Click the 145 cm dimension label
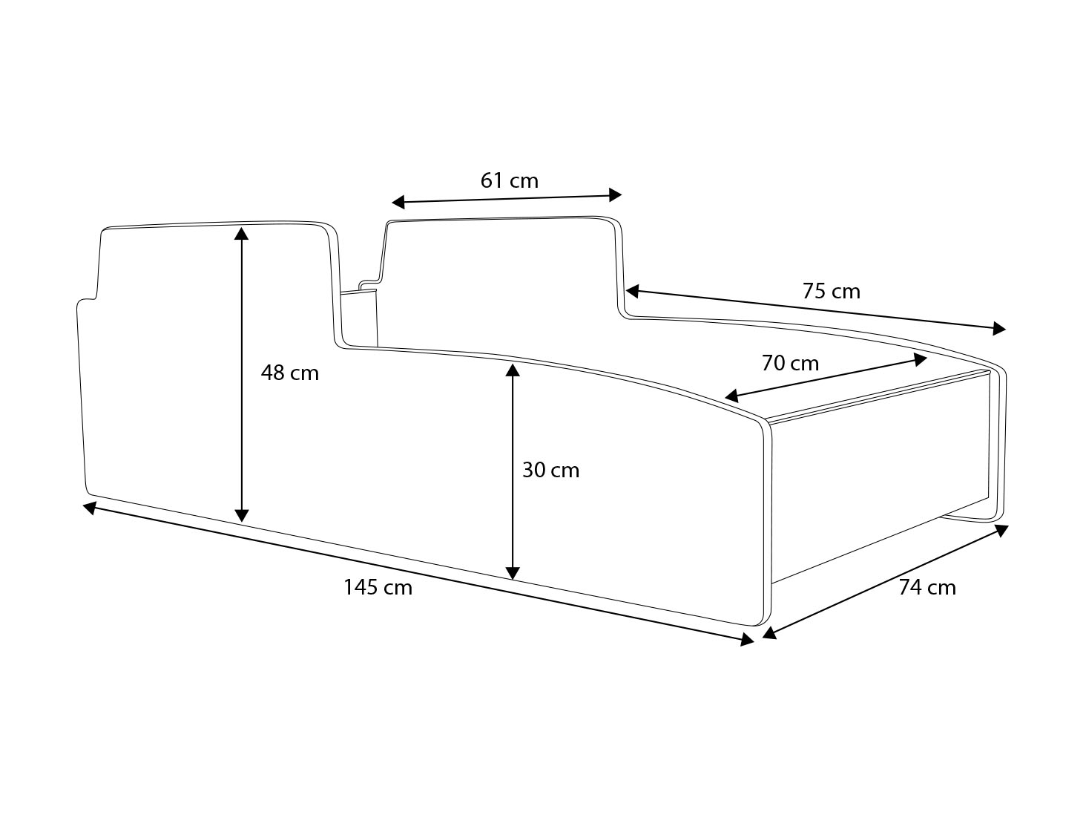click(x=378, y=587)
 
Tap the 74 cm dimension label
click(x=927, y=587)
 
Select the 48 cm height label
click(x=289, y=373)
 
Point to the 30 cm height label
click(x=550, y=470)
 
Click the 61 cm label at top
click(x=509, y=180)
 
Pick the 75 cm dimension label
click(x=831, y=291)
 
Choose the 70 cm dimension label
click(x=790, y=363)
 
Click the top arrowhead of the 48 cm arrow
click(x=241, y=233)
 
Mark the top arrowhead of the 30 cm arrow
click(x=512, y=369)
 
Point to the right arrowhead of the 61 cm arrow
click(x=615, y=194)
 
